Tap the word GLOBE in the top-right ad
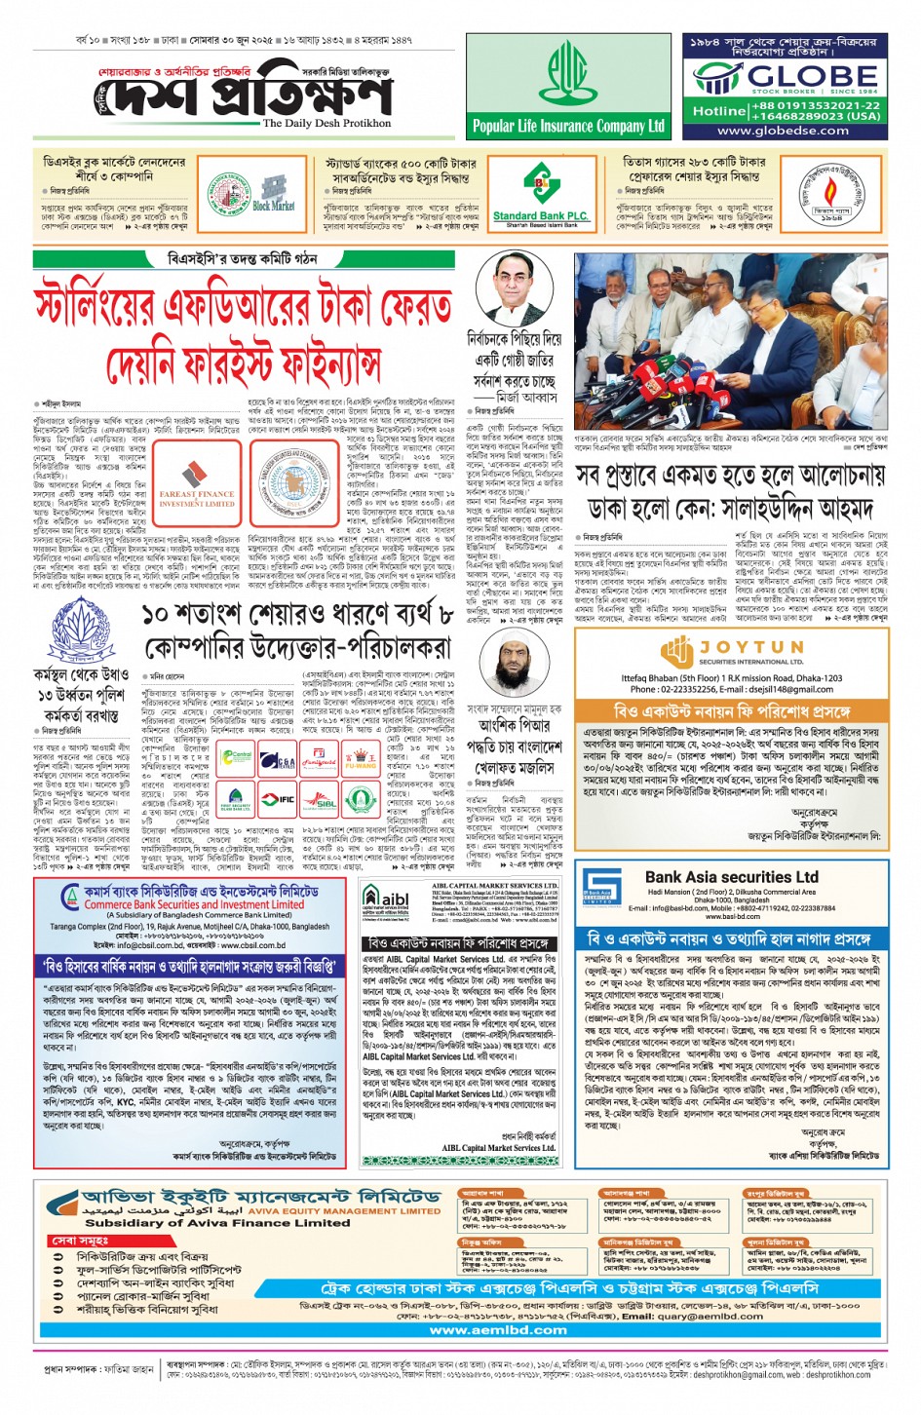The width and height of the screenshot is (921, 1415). point(812,76)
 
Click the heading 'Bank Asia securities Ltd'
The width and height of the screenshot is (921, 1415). point(731,877)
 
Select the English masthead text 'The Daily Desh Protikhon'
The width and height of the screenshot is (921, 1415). point(326,124)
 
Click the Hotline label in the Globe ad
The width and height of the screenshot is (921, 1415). point(718,111)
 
